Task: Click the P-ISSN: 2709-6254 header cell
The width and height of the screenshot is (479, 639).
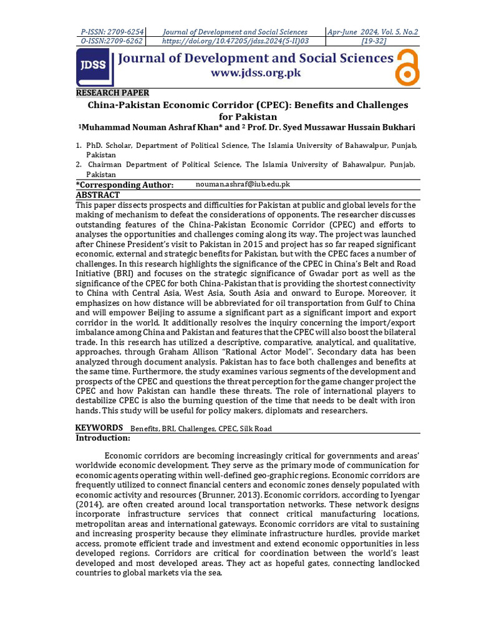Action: [112, 32]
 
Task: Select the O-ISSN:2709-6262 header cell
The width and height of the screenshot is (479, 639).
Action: [112, 41]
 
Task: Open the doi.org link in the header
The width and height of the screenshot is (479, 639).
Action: [235, 41]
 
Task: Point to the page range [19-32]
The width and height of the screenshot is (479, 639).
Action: [372, 41]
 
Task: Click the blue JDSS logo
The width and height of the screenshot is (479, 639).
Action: [95, 67]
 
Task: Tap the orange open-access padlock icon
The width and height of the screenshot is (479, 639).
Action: [407, 67]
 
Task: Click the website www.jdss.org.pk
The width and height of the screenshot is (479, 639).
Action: [256, 73]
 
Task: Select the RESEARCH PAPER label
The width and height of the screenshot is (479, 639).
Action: [112, 93]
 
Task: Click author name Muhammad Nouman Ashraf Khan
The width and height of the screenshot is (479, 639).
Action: [151, 128]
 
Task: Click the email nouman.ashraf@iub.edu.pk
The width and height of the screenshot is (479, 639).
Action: [243, 185]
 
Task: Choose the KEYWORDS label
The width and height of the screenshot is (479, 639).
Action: [99, 427]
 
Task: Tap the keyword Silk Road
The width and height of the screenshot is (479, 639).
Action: [256, 429]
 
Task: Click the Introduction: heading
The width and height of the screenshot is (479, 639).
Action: [103, 438]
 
